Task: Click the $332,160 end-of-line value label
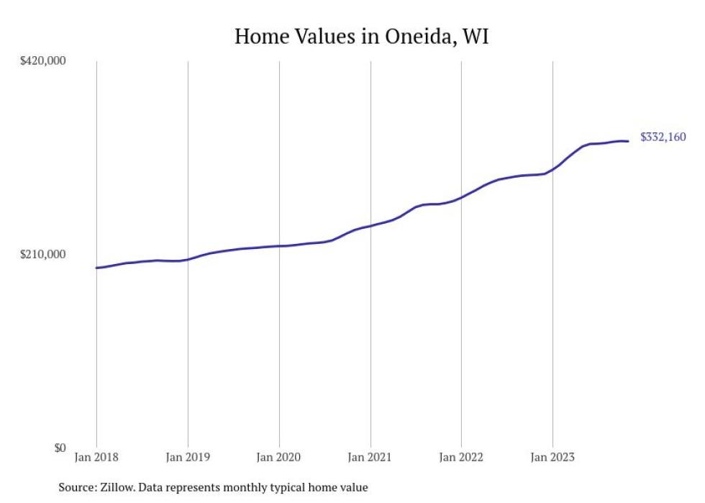(663, 137)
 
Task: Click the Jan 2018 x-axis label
(96, 457)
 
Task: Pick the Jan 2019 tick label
(188, 457)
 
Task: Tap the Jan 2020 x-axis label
(279, 457)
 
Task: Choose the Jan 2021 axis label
(370, 457)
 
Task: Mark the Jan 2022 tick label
(461, 457)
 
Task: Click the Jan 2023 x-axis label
(552, 457)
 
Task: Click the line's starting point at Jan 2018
(96, 268)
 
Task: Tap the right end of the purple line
(629, 141)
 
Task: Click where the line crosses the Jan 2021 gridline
(370, 226)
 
